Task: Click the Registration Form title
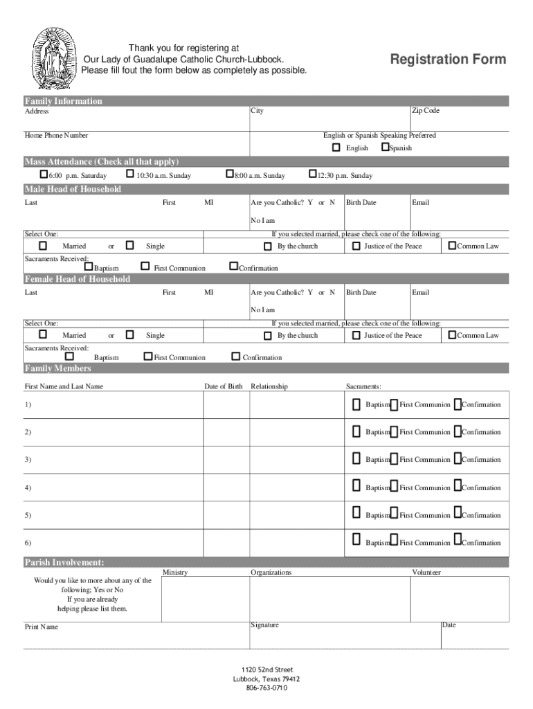click(x=448, y=60)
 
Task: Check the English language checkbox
click(x=336, y=147)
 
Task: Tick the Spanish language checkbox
click(x=385, y=147)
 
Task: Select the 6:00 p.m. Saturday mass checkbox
click(x=44, y=174)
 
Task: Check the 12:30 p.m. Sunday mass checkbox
click(x=312, y=174)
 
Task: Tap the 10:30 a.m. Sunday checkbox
click(x=130, y=174)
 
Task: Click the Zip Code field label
click(x=426, y=111)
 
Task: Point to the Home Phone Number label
click(x=57, y=136)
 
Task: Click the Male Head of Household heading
click(x=73, y=189)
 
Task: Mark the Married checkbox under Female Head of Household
click(x=43, y=335)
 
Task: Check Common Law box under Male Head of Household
click(x=452, y=245)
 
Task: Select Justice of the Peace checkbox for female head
click(x=356, y=335)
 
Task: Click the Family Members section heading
click(x=58, y=368)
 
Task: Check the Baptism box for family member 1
click(x=356, y=404)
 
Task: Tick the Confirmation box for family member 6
click(x=458, y=539)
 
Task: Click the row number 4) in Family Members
click(x=28, y=487)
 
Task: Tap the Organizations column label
click(x=271, y=573)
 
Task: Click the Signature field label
click(x=264, y=625)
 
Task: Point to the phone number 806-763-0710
click(x=266, y=688)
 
